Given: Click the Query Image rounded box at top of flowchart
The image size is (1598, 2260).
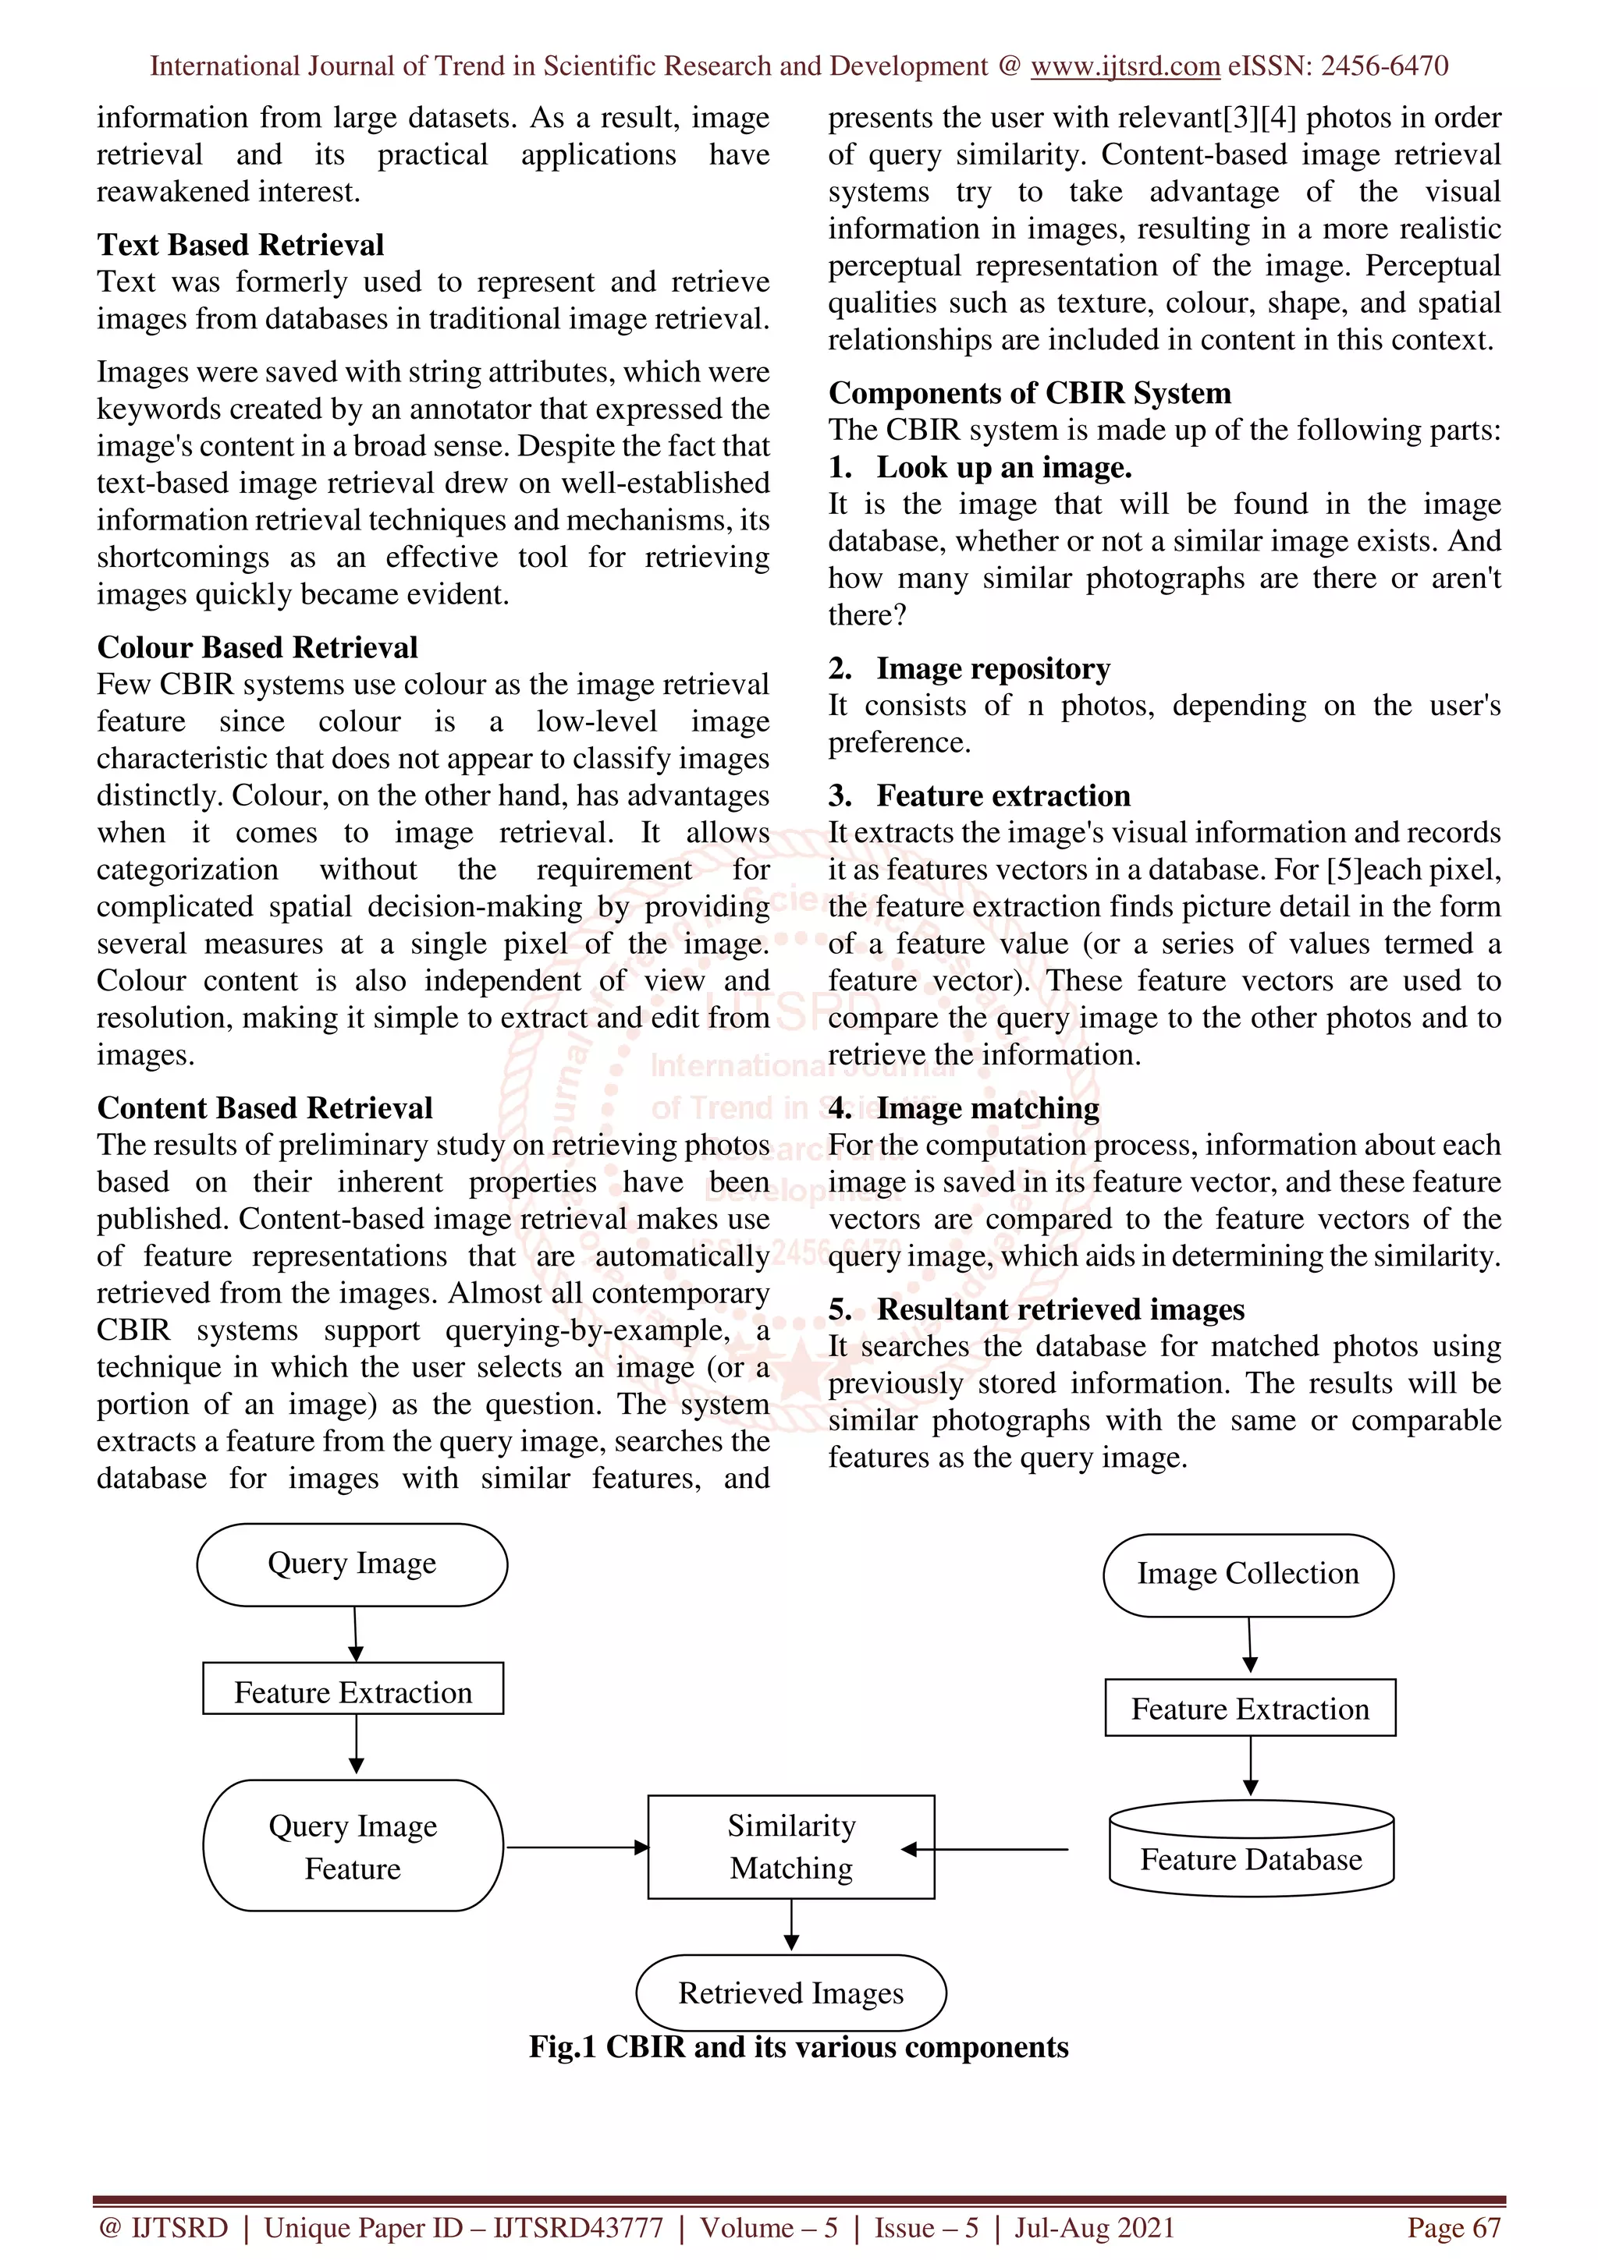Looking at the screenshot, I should (351, 1564).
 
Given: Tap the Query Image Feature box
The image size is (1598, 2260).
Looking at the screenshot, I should (353, 1847).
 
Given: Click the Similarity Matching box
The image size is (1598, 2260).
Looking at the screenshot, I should (790, 1847).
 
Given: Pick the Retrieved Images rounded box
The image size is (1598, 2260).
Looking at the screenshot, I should (790, 1993).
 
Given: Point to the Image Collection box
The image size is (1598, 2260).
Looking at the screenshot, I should (1248, 1574).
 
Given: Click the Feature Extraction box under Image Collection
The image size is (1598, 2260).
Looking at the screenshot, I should (1249, 1709).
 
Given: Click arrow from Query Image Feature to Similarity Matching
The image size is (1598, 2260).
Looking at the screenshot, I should (576, 1847).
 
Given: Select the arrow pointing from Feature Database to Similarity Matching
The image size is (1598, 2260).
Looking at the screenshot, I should (985, 1850).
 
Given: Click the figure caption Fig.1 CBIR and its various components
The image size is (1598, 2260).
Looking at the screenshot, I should (798, 2046).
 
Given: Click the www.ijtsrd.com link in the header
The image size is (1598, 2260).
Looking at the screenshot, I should (1124, 66).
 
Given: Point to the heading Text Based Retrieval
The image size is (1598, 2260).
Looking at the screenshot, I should (240, 244).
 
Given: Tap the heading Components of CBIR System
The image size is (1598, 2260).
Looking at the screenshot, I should (1029, 393).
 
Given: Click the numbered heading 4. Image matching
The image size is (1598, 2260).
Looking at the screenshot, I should (964, 1108).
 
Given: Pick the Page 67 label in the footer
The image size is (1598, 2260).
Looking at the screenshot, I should (1454, 2227).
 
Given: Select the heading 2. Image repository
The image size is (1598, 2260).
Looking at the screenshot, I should (969, 668).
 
